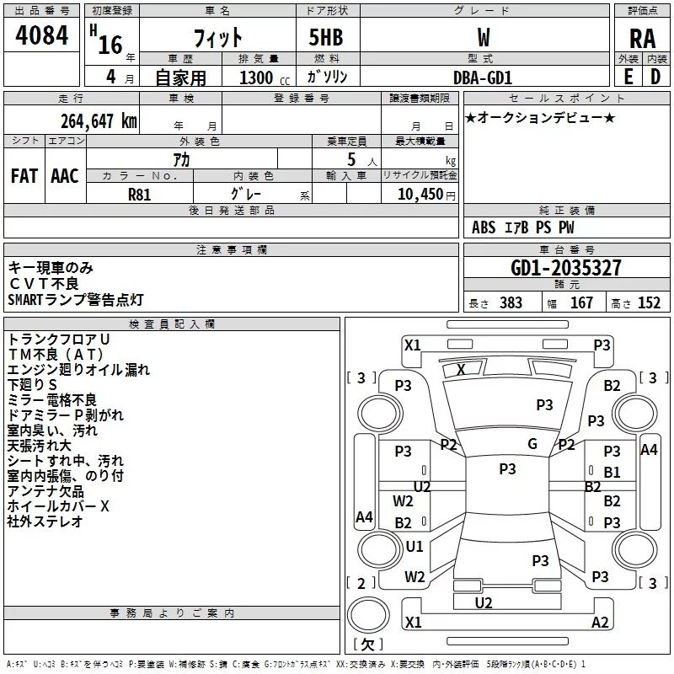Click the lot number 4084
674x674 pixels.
(42, 37)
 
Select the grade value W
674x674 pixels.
(483, 37)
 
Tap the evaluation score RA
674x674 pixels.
(642, 39)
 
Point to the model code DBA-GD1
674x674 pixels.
(482, 77)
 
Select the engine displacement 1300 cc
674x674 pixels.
(262, 78)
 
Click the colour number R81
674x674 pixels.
(141, 193)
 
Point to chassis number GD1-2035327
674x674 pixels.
(566, 268)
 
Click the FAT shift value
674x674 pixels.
(24, 176)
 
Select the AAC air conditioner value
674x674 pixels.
(65, 176)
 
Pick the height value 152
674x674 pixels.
(648, 303)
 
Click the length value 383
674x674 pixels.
(511, 303)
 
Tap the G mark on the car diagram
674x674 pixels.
(532, 444)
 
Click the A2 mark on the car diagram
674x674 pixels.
(600, 623)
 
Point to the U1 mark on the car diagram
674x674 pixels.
(415, 546)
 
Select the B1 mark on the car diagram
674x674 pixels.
(612, 473)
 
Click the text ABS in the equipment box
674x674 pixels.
(484, 227)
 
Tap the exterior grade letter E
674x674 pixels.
(628, 77)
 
